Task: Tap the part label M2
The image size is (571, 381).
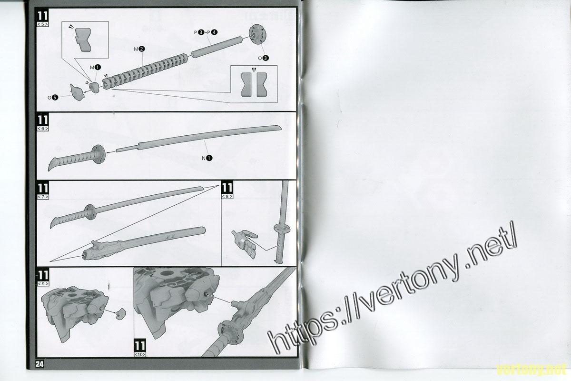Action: click(139, 49)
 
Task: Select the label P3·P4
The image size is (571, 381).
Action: click(206, 32)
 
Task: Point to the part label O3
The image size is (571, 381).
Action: click(263, 58)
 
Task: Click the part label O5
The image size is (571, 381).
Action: click(53, 97)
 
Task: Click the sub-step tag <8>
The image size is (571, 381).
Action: click(227, 197)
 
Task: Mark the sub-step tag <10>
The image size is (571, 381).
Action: click(140, 355)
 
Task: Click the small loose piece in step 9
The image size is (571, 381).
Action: click(121, 313)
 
